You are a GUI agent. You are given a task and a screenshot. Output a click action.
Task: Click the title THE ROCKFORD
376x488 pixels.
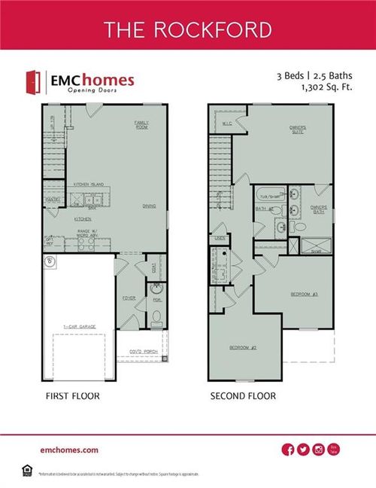[188, 29]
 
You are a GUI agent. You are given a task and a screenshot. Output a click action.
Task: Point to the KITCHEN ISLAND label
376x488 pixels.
[88, 185]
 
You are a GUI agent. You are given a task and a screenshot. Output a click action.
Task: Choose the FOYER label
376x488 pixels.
[129, 297]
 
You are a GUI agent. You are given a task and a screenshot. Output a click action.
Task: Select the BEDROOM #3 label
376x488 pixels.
[299, 294]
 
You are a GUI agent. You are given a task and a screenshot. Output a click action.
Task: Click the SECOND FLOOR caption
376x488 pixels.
[242, 395]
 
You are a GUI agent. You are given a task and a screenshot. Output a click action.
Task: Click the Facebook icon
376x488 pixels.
[287, 450]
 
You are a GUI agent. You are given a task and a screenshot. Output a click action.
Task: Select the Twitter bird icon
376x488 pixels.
[303, 450]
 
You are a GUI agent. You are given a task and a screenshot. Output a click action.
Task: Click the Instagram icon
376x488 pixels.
[319, 450]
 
